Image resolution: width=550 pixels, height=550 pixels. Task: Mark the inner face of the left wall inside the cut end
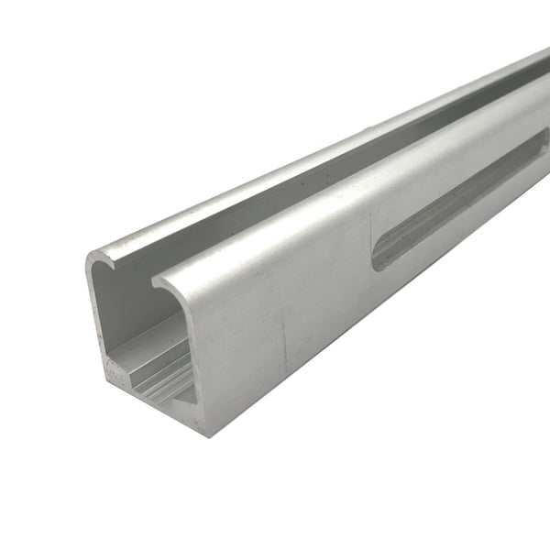[x=115, y=312]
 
